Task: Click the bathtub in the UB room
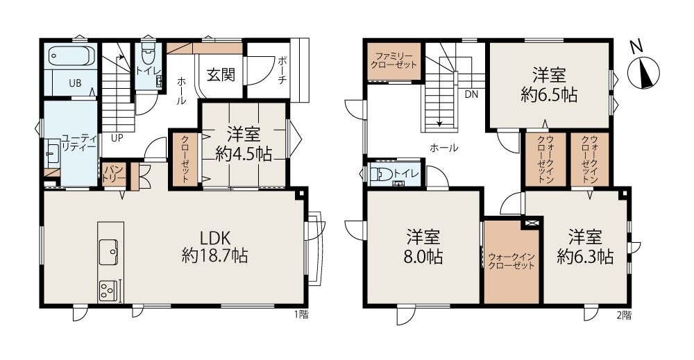pyautogui.click(x=71, y=55)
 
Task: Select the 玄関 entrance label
pyautogui.click(x=221, y=75)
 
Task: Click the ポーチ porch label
pyautogui.click(x=283, y=70)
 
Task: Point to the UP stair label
pyautogui.click(x=117, y=137)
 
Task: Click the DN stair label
pyautogui.click(x=471, y=94)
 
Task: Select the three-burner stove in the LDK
pyautogui.click(x=108, y=291)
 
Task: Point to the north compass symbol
pyautogui.click(x=644, y=71)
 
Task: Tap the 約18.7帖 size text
pyautogui.click(x=214, y=256)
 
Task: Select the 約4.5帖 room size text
pyautogui.click(x=244, y=154)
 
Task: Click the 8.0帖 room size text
pyautogui.click(x=423, y=257)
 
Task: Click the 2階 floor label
pyautogui.click(x=624, y=315)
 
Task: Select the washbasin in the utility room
pyautogui.click(x=53, y=153)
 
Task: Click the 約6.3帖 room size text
pyautogui.click(x=585, y=257)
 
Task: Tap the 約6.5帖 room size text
pyautogui.click(x=549, y=96)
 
